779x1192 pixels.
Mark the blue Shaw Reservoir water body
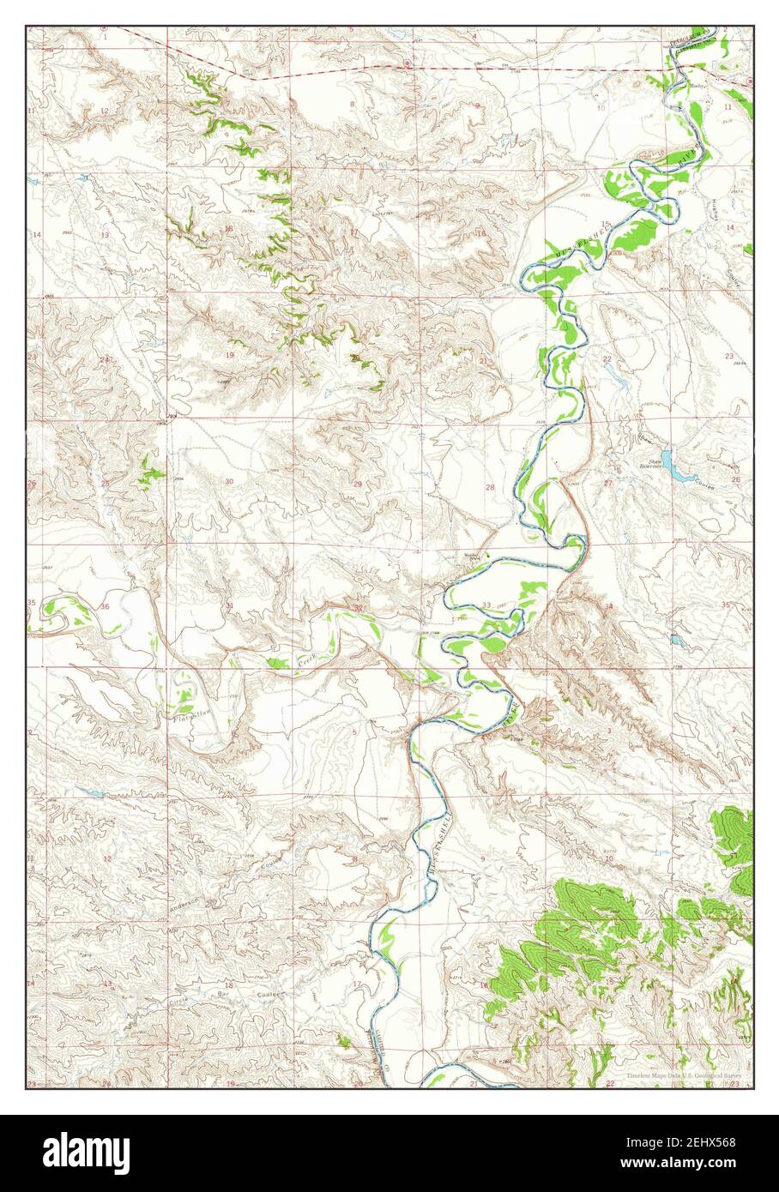[x=679, y=473]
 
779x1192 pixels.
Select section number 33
[x=486, y=605]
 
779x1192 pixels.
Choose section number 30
[x=229, y=482]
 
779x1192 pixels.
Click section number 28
[x=490, y=487]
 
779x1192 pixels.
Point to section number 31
[x=229, y=606]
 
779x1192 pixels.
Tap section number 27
[x=607, y=484]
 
